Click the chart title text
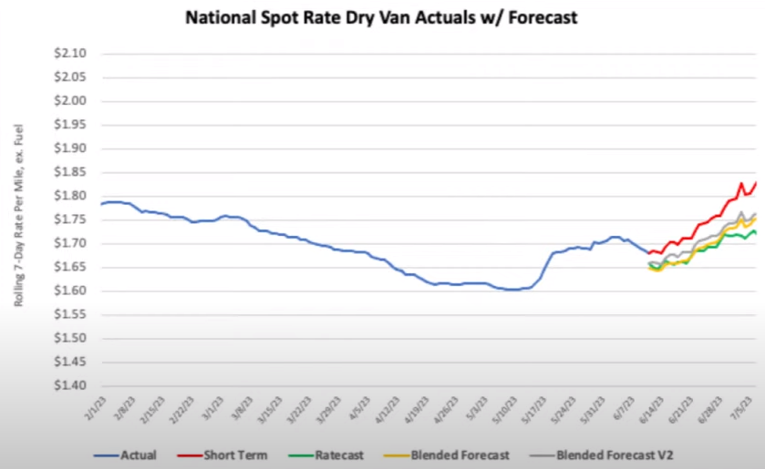click(x=381, y=17)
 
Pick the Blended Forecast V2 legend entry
click(x=611, y=454)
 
